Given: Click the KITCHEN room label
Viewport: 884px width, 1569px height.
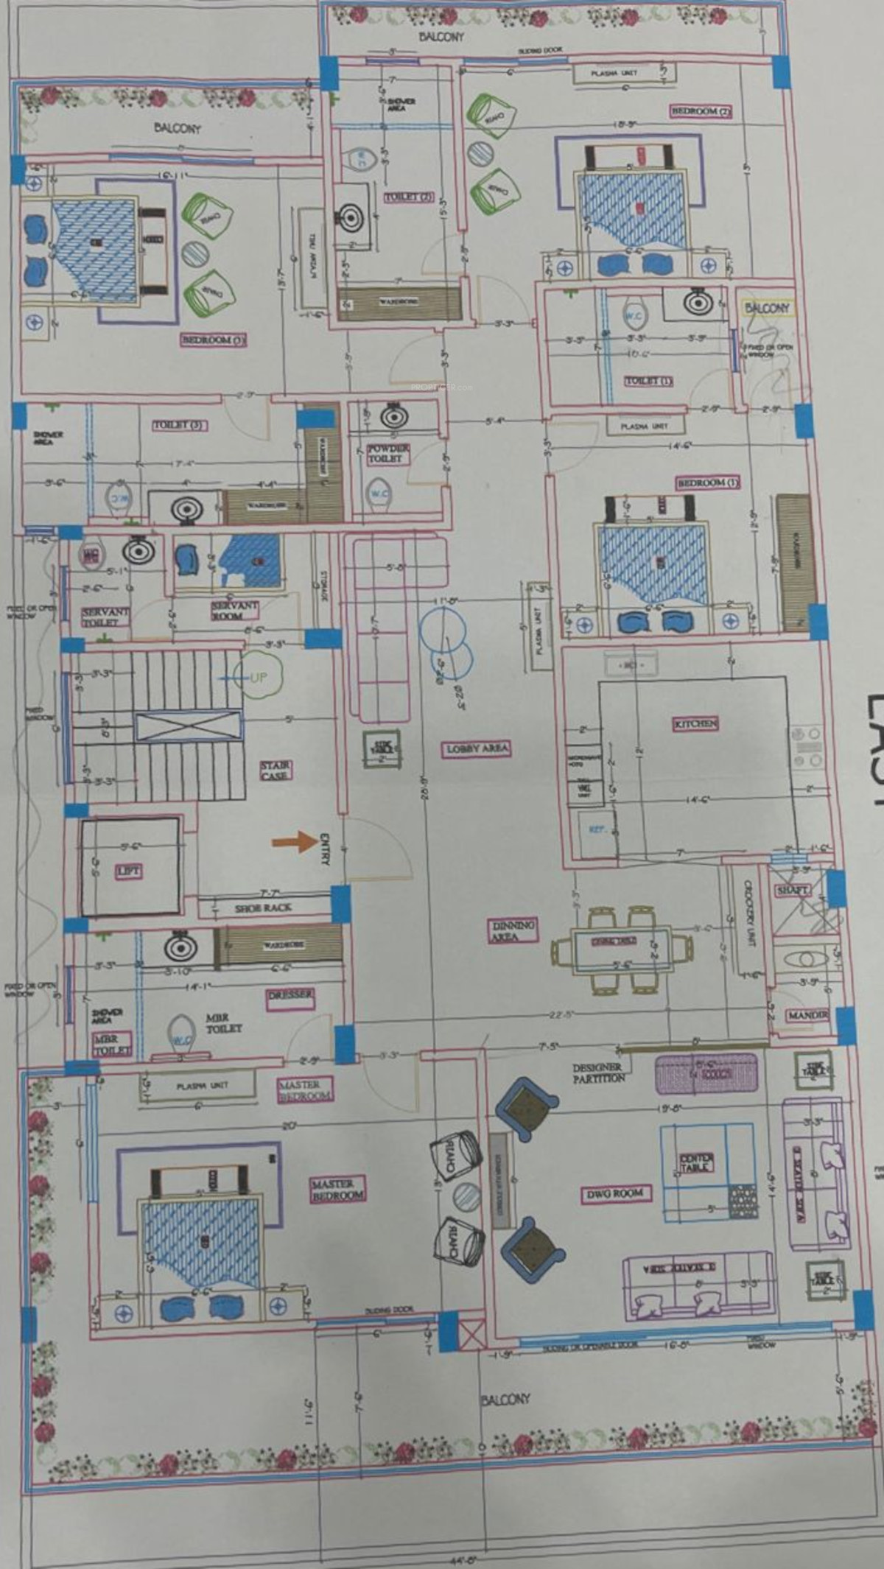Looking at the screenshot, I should [x=695, y=723].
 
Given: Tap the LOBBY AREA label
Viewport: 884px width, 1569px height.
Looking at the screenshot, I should [x=477, y=749].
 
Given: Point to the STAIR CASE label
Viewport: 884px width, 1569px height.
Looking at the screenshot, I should [x=275, y=771].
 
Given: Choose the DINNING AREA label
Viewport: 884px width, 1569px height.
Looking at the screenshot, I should [x=513, y=930].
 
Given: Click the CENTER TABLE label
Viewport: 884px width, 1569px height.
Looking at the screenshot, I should [x=695, y=1163].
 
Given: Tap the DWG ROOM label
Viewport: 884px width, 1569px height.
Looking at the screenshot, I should [x=615, y=1193].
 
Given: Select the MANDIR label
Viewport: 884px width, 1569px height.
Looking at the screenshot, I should [x=807, y=1015].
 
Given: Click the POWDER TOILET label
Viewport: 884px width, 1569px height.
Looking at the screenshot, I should [x=387, y=453].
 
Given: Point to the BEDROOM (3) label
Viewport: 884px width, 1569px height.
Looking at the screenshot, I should [x=213, y=340].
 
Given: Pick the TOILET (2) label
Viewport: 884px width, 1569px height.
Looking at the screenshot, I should [x=408, y=197].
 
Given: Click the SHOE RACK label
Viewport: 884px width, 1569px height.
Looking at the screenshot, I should [x=263, y=908].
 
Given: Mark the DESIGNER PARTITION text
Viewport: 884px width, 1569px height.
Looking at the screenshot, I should [x=598, y=1073].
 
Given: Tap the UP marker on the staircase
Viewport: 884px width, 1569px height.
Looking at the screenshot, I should [x=258, y=677].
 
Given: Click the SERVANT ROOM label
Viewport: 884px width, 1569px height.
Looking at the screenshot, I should [x=234, y=610].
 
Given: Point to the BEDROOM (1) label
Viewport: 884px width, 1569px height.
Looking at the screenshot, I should [x=707, y=482].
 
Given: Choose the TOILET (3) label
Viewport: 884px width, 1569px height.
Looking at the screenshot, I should [x=179, y=425].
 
